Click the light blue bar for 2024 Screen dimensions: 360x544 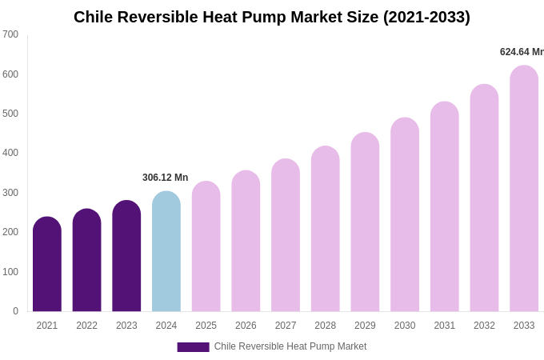[x=166, y=252]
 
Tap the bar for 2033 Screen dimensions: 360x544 [x=524, y=189]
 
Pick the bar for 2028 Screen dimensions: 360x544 [x=326, y=229]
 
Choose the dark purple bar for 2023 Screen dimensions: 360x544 [x=126, y=256]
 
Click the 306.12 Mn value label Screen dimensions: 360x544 [x=165, y=178]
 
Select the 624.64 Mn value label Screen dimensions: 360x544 [x=522, y=52]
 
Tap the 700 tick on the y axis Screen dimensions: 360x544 [x=10, y=34]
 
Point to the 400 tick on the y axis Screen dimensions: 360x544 [x=10, y=153]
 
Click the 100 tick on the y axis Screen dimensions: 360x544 [x=10, y=272]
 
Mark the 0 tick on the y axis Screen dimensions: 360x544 [x=15, y=311]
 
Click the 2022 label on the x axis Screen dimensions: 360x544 [x=86, y=326]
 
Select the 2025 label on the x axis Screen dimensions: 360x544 [x=206, y=326]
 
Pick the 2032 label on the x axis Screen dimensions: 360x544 [x=484, y=326]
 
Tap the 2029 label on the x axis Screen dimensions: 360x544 [x=365, y=326]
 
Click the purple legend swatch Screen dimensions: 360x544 [x=193, y=347]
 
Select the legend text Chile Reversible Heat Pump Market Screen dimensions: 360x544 [x=290, y=346]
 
